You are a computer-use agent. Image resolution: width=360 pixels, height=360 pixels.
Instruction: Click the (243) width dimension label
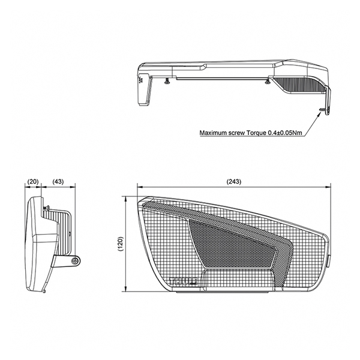[x=234, y=181]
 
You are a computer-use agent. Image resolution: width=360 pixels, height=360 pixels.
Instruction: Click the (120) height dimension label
[x=120, y=244]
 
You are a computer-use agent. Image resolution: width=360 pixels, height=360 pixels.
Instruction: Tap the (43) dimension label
[x=59, y=181]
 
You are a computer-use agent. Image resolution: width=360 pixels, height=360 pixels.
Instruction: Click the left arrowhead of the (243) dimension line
[x=137, y=187]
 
